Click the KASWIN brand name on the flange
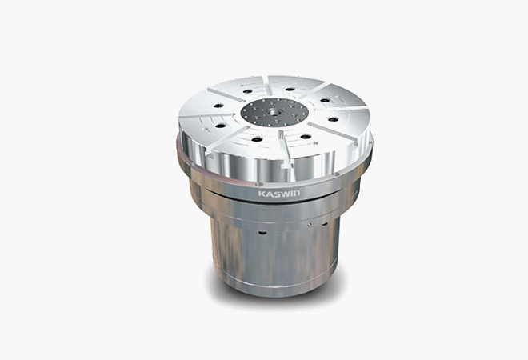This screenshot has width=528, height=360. tap(279, 194)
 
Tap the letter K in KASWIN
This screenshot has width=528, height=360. tap(262, 194)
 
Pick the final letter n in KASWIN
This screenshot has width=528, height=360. tap(297, 194)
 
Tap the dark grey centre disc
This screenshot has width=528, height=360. tap(274, 113)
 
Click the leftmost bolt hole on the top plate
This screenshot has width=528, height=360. tap(218, 106)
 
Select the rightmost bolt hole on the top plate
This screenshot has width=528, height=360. tap(334, 119)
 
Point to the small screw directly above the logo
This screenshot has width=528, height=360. tap(260, 184)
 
